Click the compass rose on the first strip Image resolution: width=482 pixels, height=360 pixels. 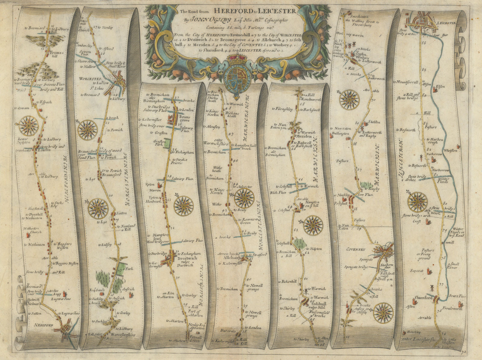click(x=30, y=126)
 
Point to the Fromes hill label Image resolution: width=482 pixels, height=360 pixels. click(x=57, y=54)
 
